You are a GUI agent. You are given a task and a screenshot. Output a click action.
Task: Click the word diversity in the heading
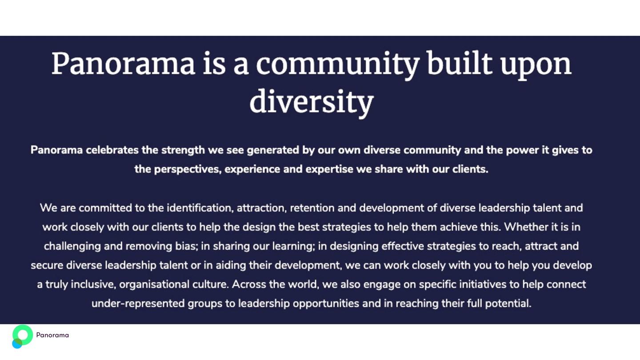coord(312,102)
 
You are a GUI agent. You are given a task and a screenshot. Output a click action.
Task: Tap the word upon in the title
coord(536,65)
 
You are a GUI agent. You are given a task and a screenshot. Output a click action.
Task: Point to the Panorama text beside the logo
coord(52,335)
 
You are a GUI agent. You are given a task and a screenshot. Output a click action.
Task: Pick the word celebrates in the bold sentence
coord(112,150)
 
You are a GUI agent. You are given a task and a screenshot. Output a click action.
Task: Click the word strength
coord(183,151)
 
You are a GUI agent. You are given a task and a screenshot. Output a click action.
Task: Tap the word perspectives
coord(188,170)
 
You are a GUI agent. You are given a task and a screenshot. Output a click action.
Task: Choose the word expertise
coord(329,170)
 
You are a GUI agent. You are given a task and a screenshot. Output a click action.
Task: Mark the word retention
coord(312,208)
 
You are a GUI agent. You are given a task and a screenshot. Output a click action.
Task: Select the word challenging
coord(72,247)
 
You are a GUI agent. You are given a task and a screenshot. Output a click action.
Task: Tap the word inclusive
coord(93,284)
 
